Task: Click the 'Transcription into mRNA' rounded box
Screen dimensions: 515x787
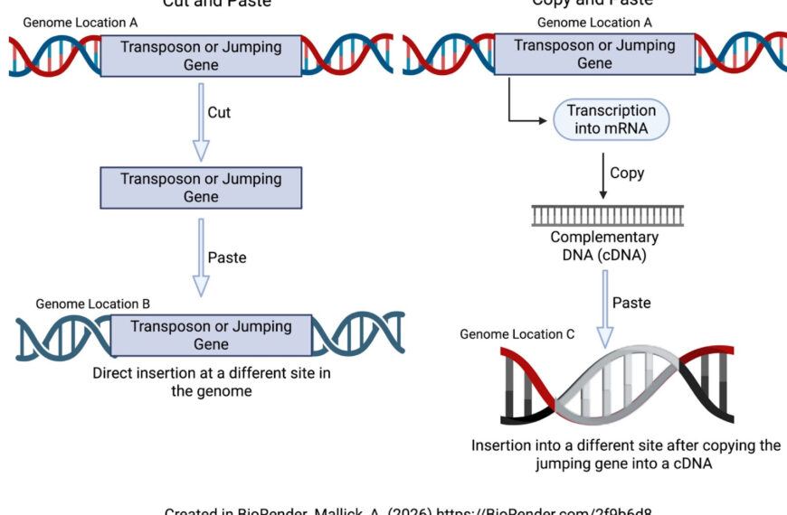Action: [611, 119]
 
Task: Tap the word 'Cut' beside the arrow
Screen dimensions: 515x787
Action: [219, 113]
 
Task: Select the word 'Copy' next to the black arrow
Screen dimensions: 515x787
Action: [627, 173]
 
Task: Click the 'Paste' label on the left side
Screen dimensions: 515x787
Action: [227, 257]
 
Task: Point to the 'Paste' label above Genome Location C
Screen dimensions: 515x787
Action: [631, 303]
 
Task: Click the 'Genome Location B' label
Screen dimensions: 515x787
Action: [93, 304]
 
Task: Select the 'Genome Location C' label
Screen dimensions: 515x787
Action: [517, 334]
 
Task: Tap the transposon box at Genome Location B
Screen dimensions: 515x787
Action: [211, 335]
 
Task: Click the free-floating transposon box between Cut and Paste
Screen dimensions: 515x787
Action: [201, 188]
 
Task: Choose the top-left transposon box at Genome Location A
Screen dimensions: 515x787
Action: [201, 56]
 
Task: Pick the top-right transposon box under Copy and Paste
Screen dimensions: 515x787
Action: [594, 54]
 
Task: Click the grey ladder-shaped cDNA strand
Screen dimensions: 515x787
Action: [607, 215]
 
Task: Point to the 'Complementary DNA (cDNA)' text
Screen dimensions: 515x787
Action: [605, 246]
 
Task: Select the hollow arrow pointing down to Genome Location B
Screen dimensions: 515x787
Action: [201, 265]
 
